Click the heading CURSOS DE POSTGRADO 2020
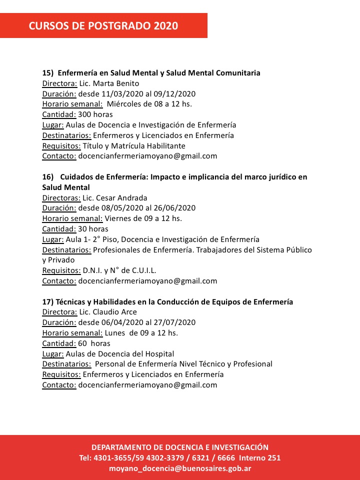(x=103, y=26)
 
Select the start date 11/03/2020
(x=118, y=94)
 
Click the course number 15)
(x=48, y=73)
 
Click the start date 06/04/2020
(x=118, y=322)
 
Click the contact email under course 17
(x=147, y=385)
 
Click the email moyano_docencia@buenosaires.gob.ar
(x=180, y=468)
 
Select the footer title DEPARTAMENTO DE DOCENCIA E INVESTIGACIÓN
(x=180, y=447)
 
